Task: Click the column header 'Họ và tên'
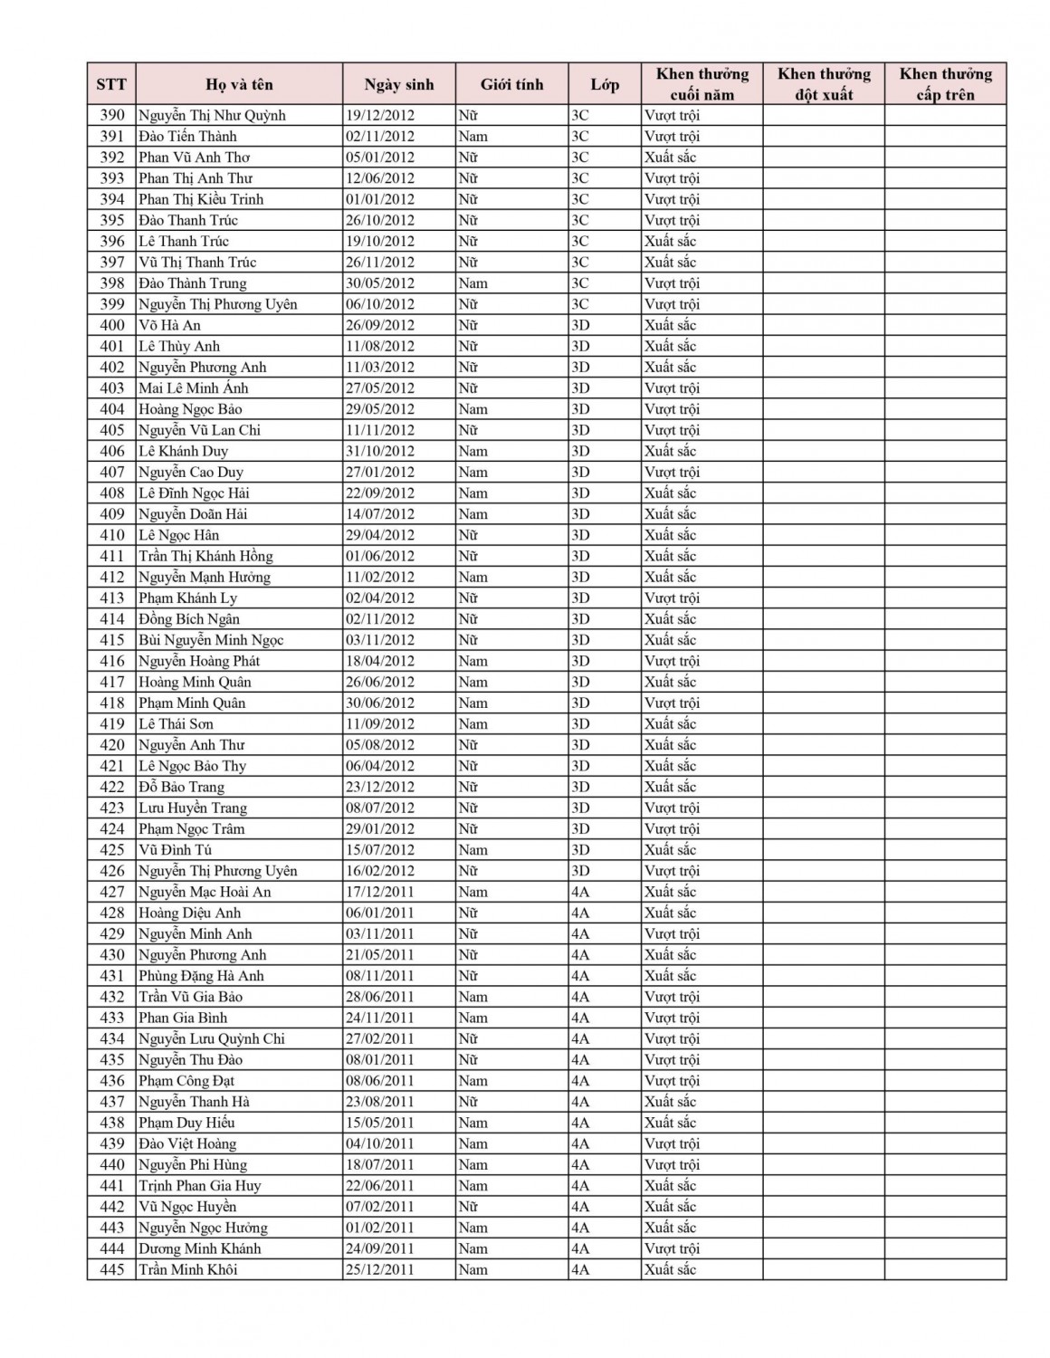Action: click(239, 84)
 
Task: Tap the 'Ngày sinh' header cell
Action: click(398, 84)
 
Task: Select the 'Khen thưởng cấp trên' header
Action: click(945, 84)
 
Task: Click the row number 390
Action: click(111, 115)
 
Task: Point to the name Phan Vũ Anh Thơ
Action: click(194, 158)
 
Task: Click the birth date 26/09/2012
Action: click(379, 325)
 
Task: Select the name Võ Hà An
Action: click(169, 325)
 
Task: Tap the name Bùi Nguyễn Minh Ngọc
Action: click(211, 640)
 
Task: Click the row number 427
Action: click(111, 892)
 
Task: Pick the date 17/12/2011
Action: click(379, 892)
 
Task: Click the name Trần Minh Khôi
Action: click(187, 1269)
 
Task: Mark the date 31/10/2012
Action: click(379, 451)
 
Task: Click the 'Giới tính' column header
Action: click(511, 84)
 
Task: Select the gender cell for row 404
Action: click(472, 409)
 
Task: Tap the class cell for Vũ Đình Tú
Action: click(580, 850)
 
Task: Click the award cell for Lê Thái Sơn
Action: click(670, 724)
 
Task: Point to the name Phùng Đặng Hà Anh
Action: click(201, 976)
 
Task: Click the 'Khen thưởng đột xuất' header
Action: click(823, 84)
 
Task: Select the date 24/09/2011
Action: click(379, 1248)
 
